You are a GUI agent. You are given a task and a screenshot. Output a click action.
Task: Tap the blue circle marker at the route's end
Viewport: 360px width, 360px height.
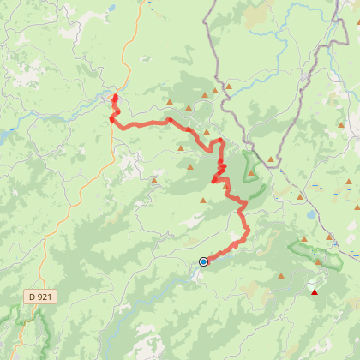click(x=203, y=261)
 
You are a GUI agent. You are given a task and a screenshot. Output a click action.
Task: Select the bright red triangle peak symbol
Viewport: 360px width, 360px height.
click(x=315, y=292)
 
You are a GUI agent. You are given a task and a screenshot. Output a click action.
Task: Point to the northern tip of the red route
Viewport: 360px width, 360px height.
click(x=115, y=96)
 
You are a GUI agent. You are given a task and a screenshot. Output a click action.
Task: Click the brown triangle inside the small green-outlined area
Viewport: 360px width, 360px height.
click(x=250, y=173)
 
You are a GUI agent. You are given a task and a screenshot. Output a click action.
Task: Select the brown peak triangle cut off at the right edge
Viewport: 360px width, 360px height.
click(x=357, y=206)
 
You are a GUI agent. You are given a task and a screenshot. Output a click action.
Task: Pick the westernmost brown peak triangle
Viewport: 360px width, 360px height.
click(x=154, y=181)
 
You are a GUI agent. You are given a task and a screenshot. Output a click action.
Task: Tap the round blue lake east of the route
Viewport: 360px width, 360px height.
click(x=309, y=216)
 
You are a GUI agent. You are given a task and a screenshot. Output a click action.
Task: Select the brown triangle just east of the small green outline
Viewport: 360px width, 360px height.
click(x=270, y=159)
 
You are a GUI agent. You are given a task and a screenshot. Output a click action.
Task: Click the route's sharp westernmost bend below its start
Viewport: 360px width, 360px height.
click(x=111, y=119)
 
